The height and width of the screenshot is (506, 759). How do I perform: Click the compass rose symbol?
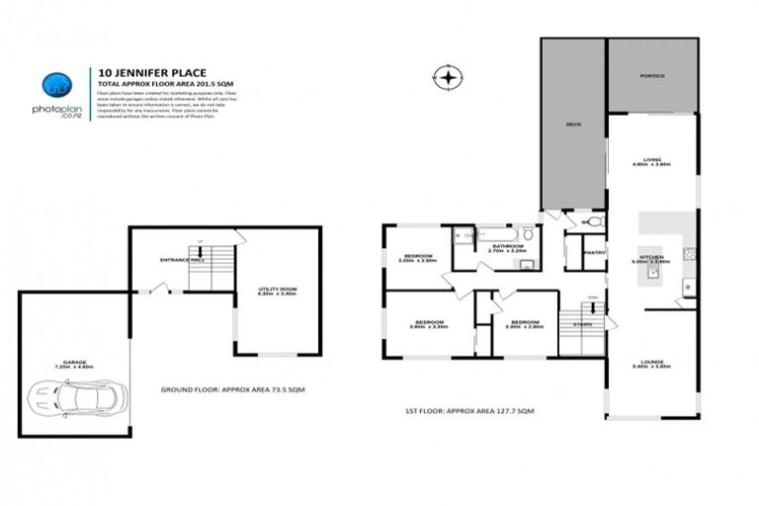coord(449,76)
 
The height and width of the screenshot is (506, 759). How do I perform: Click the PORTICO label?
coord(651,76)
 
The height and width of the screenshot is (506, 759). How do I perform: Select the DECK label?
coord(572,125)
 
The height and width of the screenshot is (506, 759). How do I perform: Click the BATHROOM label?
coord(507,246)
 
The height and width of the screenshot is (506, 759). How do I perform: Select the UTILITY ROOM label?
coord(277,290)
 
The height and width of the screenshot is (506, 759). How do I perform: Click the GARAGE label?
coord(74,363)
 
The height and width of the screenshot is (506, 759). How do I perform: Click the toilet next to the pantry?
coord(593,224)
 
